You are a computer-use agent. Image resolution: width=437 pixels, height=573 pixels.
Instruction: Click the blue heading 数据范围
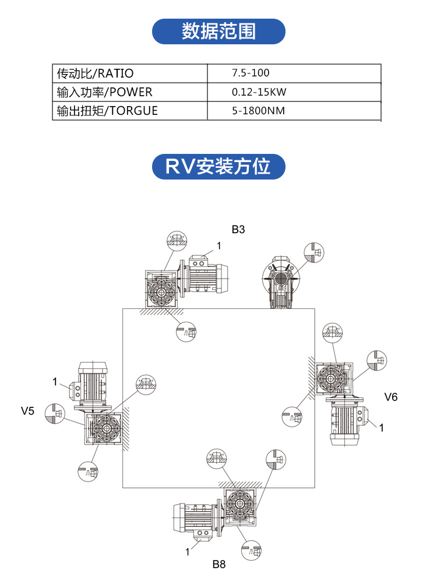point(218,31)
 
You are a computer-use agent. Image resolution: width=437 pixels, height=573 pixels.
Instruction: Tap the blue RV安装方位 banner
point(218,167)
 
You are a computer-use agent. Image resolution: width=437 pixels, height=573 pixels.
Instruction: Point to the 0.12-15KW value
point(259,92)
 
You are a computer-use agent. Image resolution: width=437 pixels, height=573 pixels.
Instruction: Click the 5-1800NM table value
point(258,110)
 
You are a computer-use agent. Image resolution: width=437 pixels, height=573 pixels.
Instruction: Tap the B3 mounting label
point(238,230)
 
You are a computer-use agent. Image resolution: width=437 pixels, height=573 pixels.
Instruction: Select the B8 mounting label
point(218,564)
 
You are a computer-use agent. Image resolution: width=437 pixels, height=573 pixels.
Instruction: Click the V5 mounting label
point(28,411)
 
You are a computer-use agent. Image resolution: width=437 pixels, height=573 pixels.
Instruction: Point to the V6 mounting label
point(391,397)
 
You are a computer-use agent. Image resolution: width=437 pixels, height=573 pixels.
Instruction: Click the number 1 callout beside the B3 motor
point(219,246)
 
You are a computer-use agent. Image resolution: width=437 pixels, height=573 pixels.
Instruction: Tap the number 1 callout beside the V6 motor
point(382,428)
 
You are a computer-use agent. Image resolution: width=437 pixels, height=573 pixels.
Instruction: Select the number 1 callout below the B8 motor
point(188,551)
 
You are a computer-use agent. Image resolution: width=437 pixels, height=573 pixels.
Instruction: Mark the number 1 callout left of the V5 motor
point(54,382)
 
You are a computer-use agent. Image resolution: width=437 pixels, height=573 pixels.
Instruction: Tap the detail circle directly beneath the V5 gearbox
point(88,470)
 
